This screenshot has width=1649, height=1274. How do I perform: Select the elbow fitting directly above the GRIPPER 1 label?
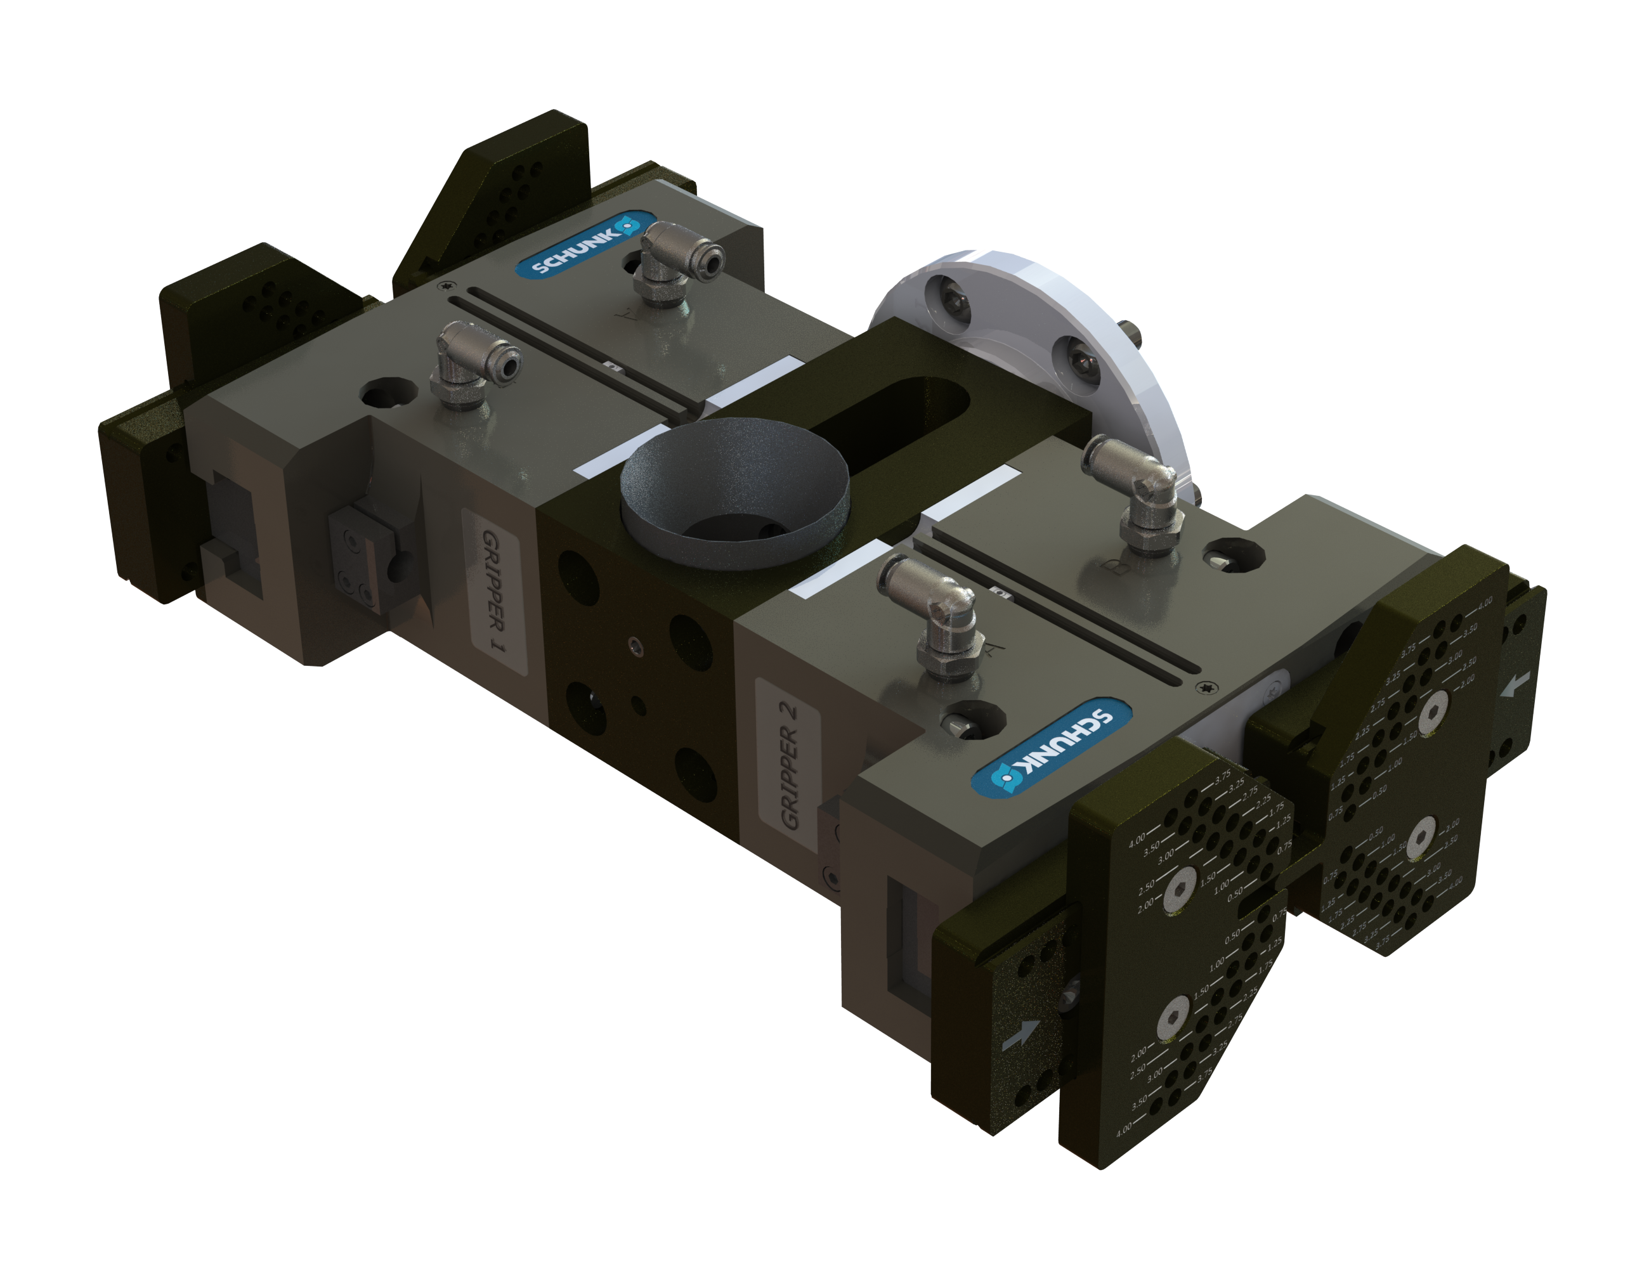[x=469, y=363]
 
